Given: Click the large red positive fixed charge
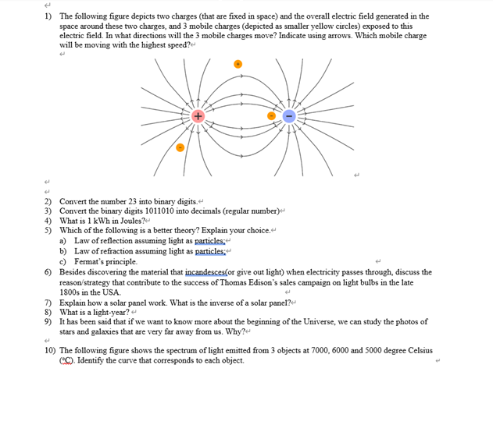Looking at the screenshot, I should coord(198,116).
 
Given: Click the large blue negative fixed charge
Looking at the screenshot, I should coord(288,116).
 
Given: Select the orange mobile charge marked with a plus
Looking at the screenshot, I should coord(239,64).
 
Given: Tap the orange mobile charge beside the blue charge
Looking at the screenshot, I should coord(272,116).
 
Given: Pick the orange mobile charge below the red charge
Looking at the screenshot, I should coord(180,147).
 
